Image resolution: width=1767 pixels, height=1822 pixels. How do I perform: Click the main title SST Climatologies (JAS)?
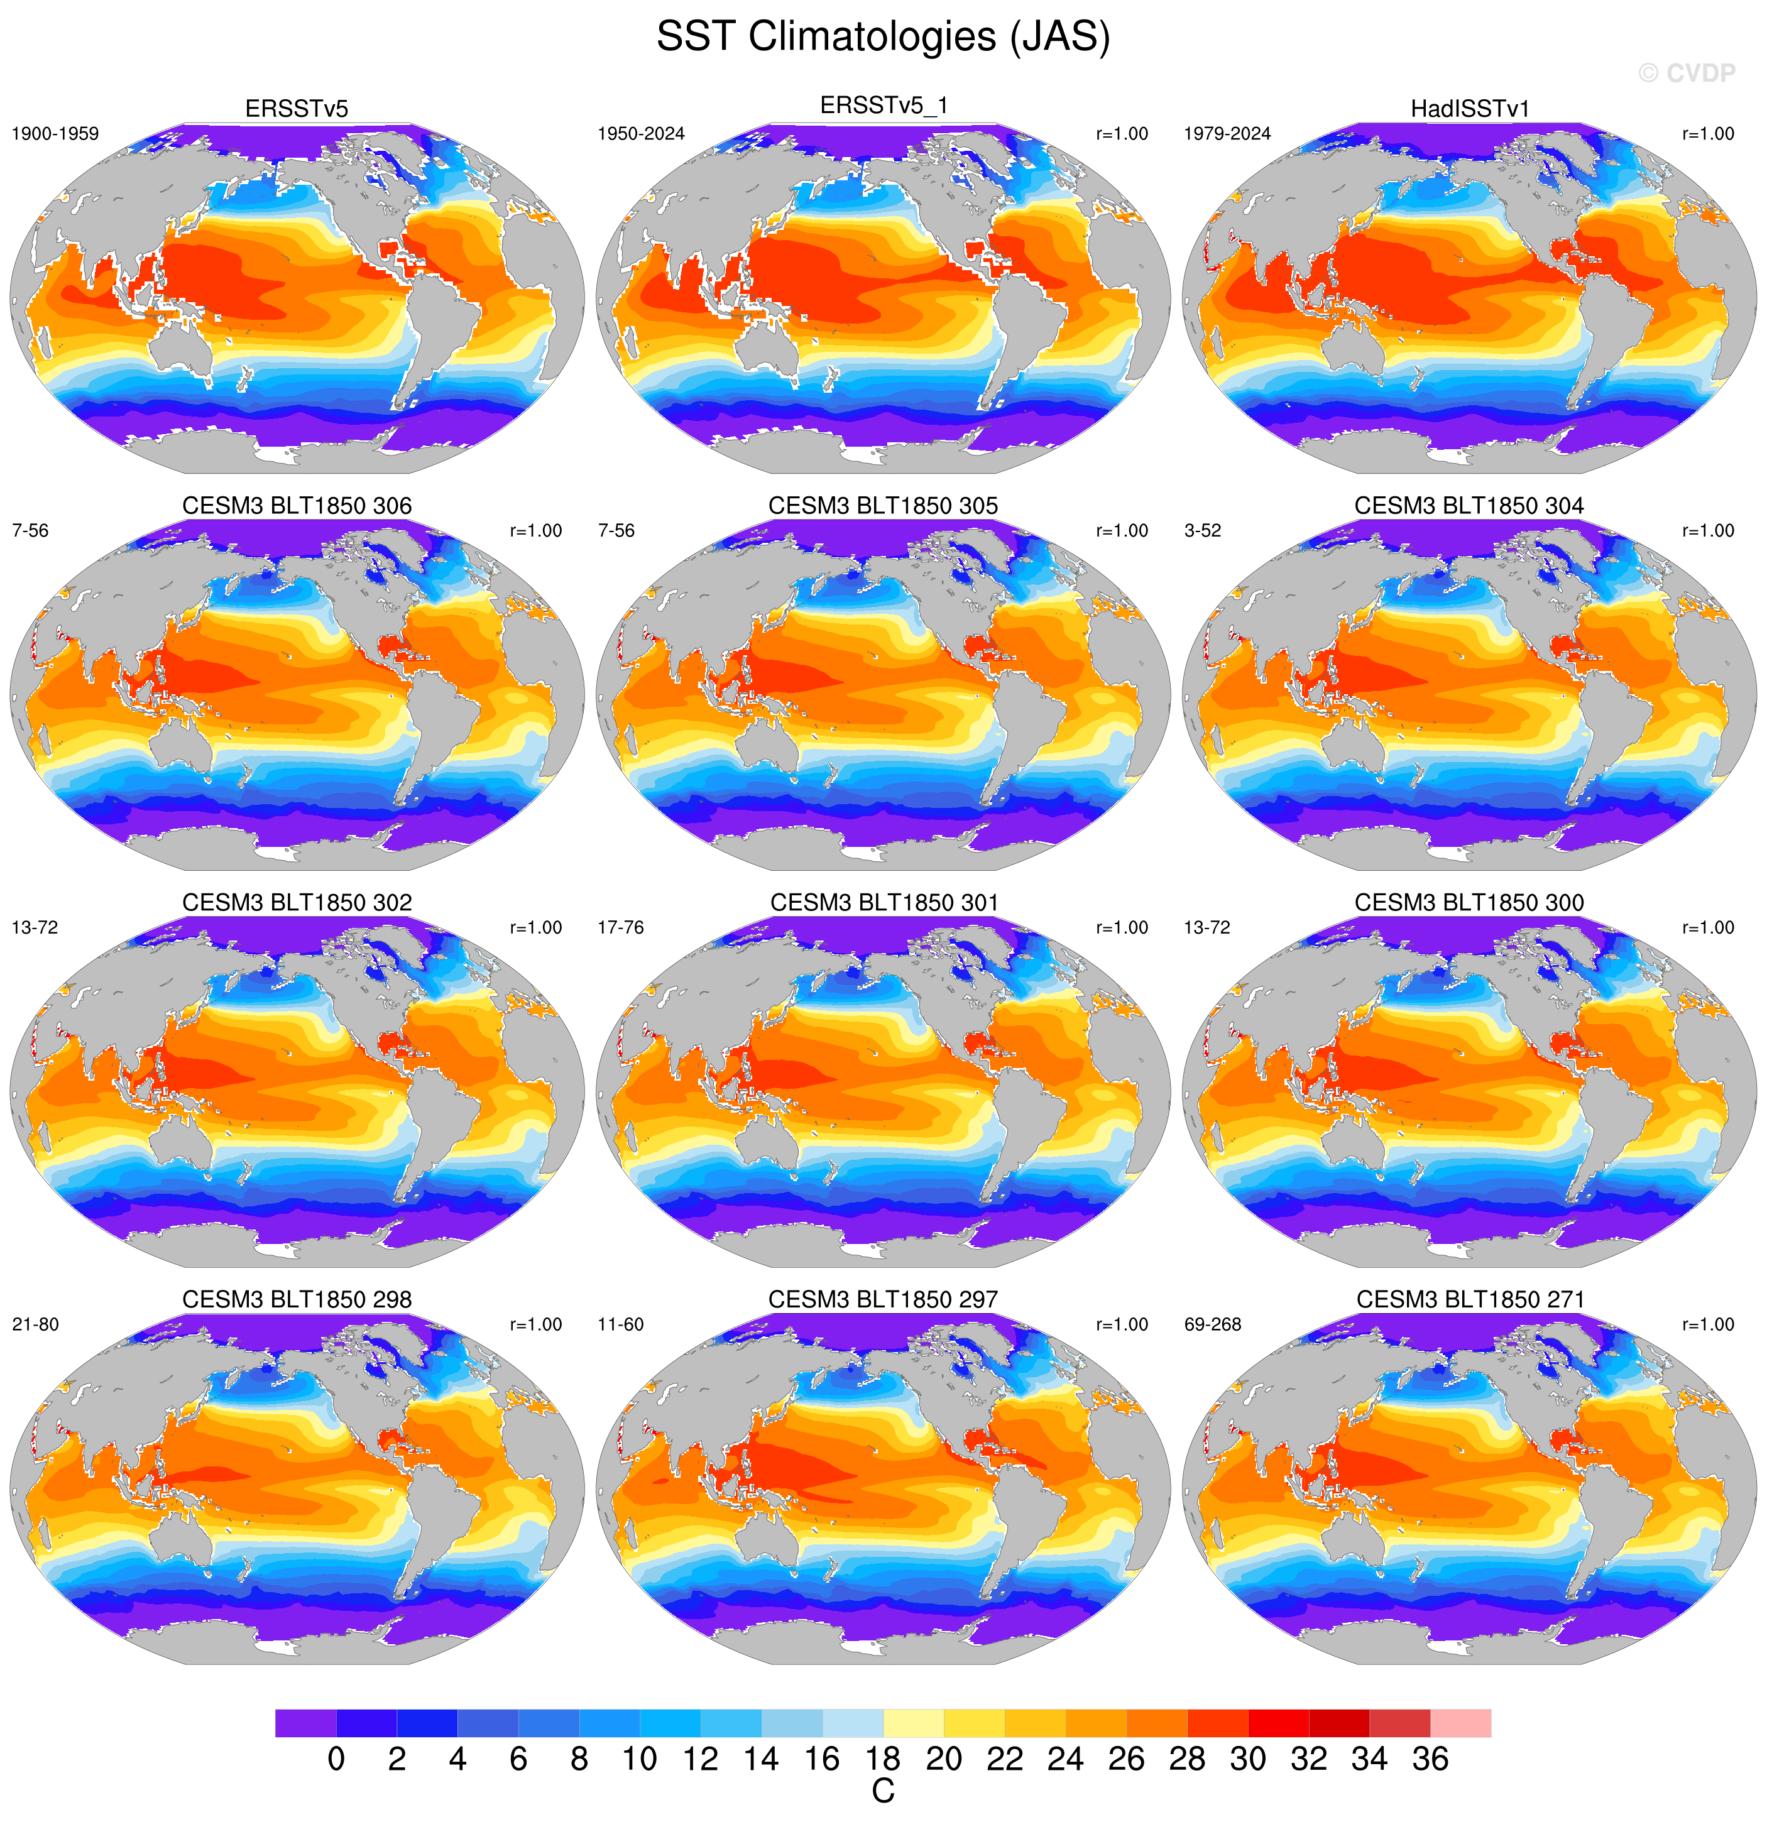(x=883, y=37)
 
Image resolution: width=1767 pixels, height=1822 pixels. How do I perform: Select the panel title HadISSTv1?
(x=1470, y=109)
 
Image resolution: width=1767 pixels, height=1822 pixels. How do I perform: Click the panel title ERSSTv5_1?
(x=883, y=106)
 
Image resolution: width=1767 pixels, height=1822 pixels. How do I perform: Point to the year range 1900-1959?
(x=55, y=134)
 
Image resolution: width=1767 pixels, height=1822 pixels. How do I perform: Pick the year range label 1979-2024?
(x=1227, y=134)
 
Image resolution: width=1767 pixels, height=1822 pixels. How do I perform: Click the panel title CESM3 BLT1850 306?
(x=297, y=506)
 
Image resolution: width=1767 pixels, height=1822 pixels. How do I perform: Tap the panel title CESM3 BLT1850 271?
(x=1470, y=1299)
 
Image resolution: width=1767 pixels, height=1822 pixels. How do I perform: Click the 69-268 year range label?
(x=1212, y=1324)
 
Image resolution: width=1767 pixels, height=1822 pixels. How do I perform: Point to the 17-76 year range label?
(x=621, y=928)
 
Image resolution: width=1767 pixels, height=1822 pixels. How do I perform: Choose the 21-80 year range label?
(x=35, y=1324)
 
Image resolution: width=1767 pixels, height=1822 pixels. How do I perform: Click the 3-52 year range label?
(x=1203, y=531)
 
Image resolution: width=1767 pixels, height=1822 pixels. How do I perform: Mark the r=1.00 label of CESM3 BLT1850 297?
(x=1122, y=1324)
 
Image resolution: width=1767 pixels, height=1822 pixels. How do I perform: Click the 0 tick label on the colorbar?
(x=336, y=1759)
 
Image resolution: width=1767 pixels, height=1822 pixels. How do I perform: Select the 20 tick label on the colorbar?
(x=943, y=1759)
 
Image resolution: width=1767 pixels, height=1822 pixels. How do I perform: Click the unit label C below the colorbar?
(x=883, y=1791)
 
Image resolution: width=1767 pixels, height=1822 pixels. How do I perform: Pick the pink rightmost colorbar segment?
(x=1460, y=1723)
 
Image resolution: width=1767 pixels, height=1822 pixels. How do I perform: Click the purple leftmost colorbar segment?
(x=306, y=1723)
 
